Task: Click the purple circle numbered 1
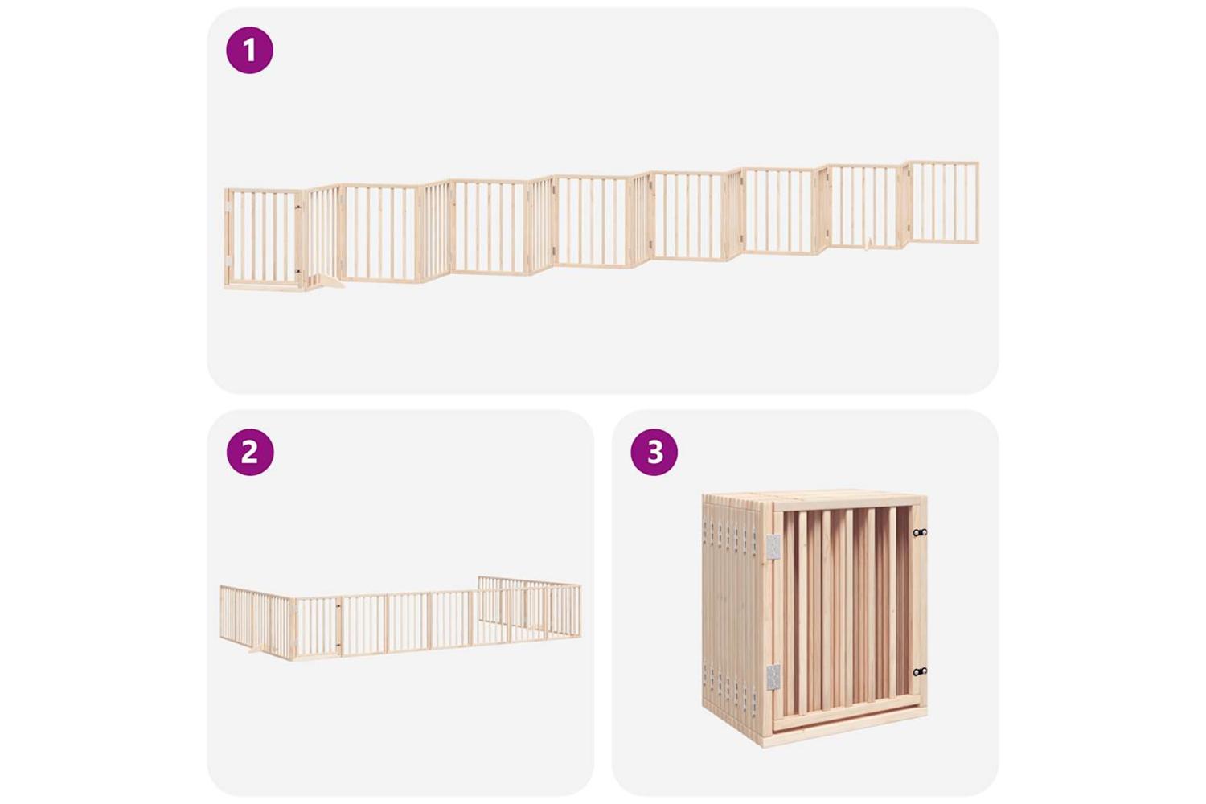tap(249, 50)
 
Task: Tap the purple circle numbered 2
tap(250, 452)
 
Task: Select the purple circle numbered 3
tap(654, 452)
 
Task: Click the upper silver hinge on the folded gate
tap(773, 548)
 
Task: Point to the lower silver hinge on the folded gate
tap(773, 678)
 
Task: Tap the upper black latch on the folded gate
tap(920, 532)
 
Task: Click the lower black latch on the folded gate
tap(920, 671)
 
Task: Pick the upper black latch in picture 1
tap(297, 207)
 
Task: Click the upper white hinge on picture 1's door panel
tap(228, 207)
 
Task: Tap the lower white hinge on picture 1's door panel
tap(228, 260)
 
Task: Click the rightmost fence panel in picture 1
tap(942, 203)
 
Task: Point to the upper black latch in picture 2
tap(338, 606)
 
